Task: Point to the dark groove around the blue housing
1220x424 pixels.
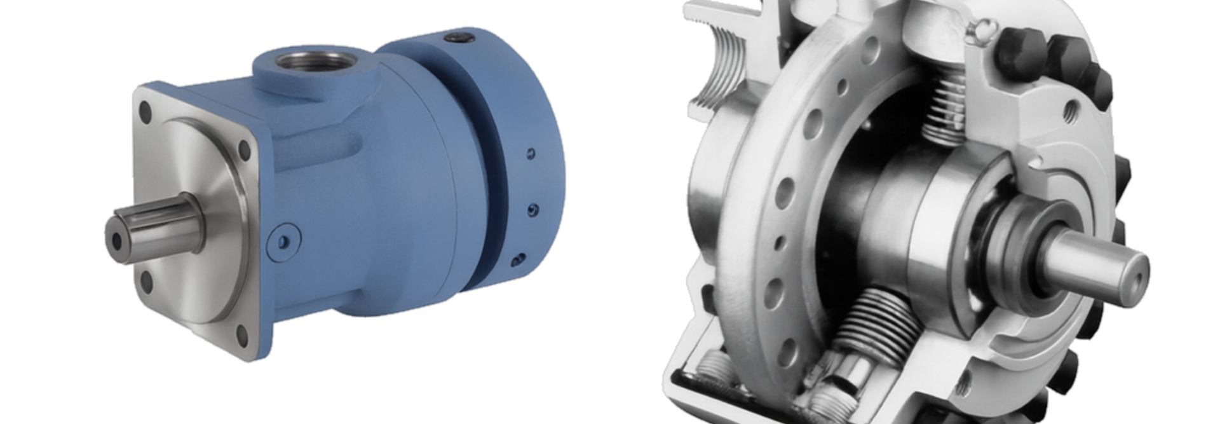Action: point(489,191)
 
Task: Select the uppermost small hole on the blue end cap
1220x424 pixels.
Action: point(531,153)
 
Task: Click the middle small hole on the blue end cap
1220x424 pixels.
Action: point(532,208)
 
